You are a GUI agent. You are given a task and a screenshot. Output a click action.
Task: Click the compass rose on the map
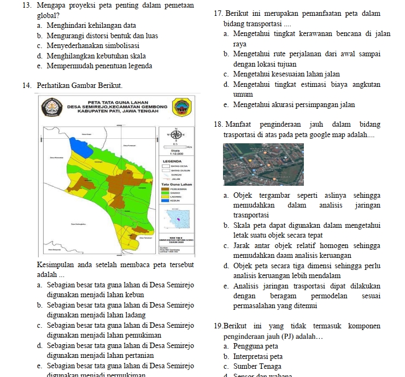coord(176,133)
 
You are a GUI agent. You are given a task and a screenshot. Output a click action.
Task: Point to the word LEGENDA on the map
coord(172,161)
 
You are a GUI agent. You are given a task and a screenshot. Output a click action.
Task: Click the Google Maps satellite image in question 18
coord(263,164)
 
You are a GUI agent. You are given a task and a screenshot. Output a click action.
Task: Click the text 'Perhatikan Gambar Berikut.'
coord(80,86)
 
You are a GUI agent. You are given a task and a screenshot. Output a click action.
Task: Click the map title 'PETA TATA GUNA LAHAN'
coord(118,102)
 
